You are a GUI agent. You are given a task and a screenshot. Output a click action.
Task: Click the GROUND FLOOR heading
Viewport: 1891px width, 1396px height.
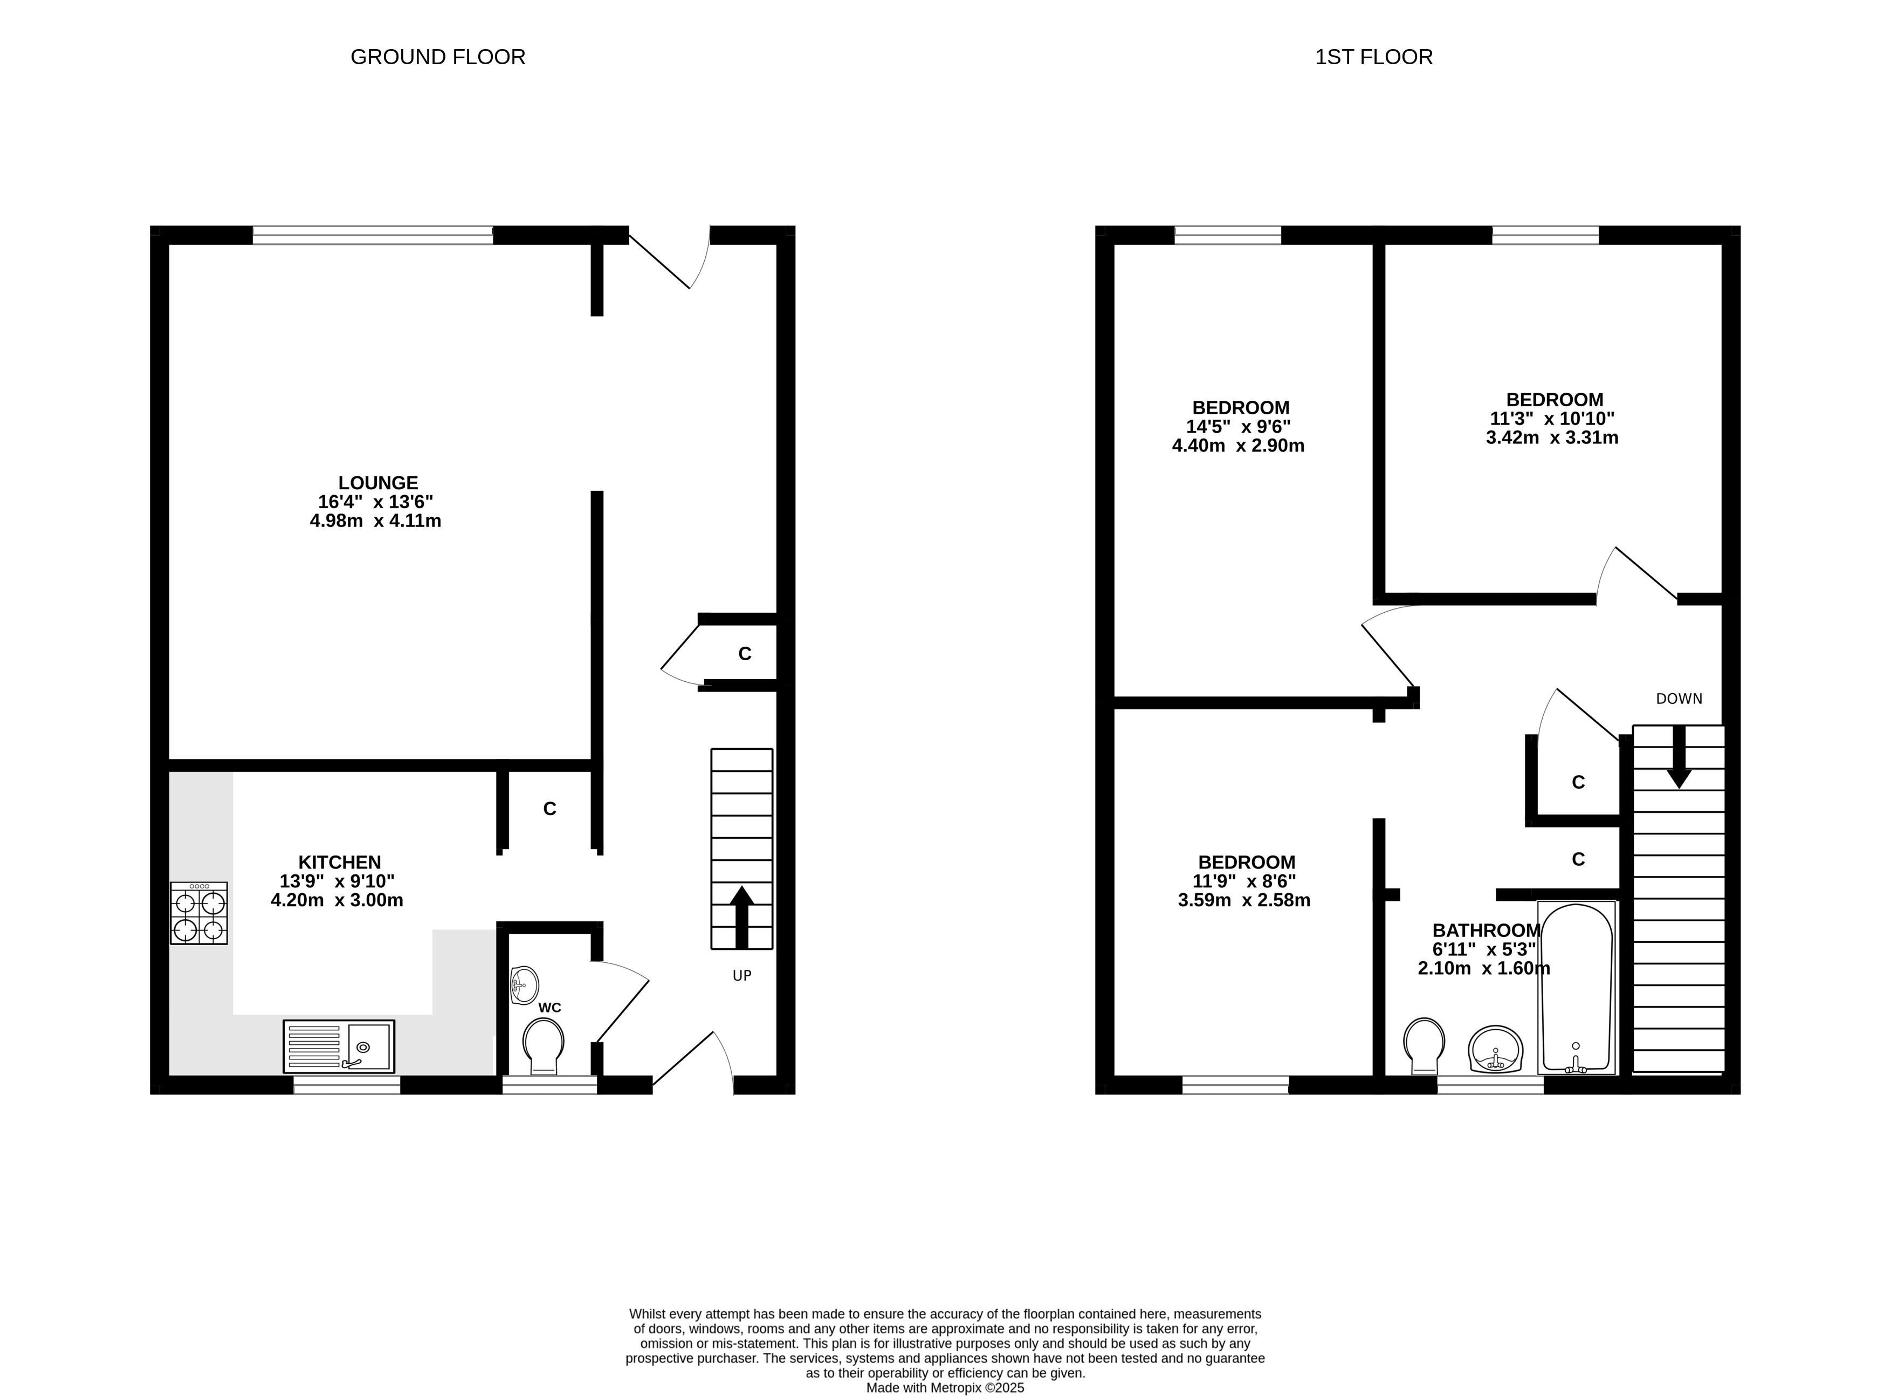[x=437, y=57]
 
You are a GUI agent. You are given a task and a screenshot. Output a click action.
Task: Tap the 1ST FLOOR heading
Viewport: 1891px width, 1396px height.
[x=1373, y=57]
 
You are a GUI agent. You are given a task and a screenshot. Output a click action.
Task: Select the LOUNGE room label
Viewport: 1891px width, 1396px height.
[x=377, y=483]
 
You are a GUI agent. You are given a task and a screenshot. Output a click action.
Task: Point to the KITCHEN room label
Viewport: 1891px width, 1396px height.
[x=340, y=862]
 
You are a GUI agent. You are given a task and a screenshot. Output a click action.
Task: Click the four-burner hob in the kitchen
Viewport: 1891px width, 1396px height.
[x=198, y=913]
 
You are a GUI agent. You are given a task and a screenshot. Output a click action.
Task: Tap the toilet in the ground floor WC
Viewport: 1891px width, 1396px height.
[x=543, y=1046]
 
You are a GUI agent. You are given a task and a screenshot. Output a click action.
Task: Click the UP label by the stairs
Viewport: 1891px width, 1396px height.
[x=741, y=976]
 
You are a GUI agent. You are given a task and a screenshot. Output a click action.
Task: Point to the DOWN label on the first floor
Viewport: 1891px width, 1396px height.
[x=1679, y=699]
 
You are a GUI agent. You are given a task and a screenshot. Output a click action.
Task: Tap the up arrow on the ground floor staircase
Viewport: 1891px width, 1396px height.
[x=741, y=917]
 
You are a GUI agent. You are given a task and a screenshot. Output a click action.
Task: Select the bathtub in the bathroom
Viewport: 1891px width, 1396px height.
[x=1577, y=988]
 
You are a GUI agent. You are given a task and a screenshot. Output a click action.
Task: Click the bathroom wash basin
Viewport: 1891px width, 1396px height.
[x=1496, y=1050]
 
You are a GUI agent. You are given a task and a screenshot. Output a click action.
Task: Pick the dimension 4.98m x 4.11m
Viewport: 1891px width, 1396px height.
[x=376, y=521]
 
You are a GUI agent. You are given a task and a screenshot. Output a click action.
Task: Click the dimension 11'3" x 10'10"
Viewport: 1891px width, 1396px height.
[x=1552, y=418]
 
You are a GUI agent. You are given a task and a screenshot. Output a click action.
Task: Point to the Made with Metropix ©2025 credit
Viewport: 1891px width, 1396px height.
[x=945, y=1387]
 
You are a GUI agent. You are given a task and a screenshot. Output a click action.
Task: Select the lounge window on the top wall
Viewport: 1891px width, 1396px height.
[x=373, y=235]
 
